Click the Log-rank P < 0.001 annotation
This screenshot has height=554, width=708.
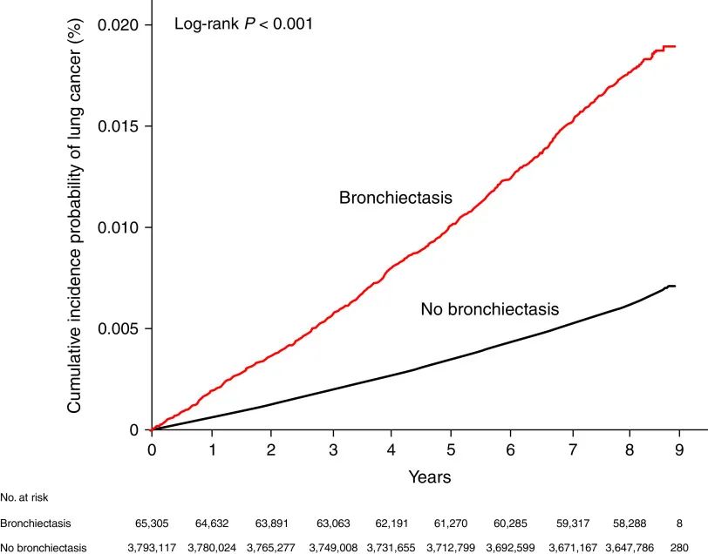[x=243, y=24]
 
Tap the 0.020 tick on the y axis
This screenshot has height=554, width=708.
[x=119, y=25]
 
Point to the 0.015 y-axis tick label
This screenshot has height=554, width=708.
[x=119, y=126]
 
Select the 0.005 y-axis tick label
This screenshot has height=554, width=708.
[x=119, y=328]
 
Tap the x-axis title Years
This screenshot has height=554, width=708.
[x=430, y=476]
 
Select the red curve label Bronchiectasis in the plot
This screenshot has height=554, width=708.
[x=396, y=198]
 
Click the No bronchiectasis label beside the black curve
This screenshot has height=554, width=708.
[x=489, y=308]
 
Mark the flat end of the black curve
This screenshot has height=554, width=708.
[x=671, y=286]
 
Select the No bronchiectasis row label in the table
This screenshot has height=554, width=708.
[x=43, y=547]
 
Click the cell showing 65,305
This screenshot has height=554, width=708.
[x=153, y=524]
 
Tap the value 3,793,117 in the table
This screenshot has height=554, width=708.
[x=153, y=547]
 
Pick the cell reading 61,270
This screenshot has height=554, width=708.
[x=451, y=524]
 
